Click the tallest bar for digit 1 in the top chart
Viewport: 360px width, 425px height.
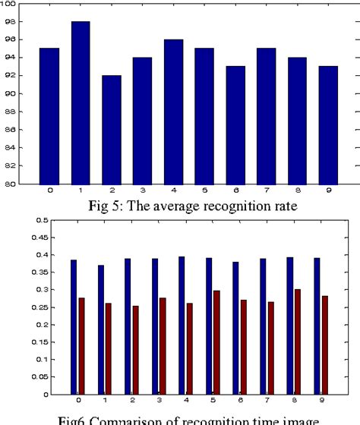[80, 102]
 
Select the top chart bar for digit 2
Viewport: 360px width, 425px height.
[112, 129]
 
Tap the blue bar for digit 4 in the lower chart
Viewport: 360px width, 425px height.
[181, 326]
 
